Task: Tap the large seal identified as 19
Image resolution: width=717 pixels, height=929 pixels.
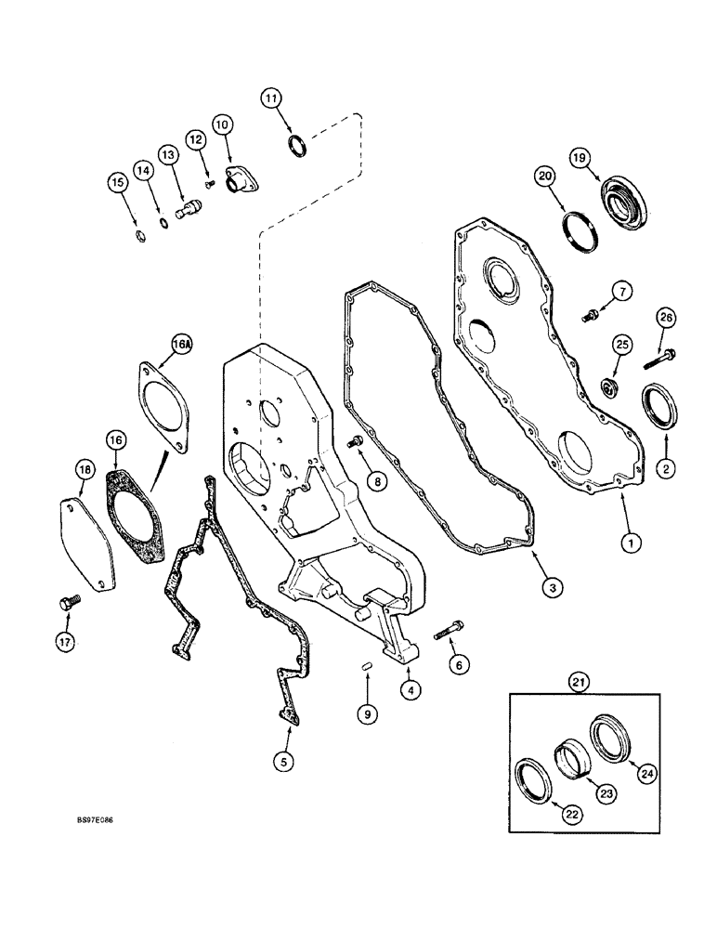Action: coord(612,202)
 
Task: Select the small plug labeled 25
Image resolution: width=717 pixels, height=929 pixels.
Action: coord(610,385)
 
